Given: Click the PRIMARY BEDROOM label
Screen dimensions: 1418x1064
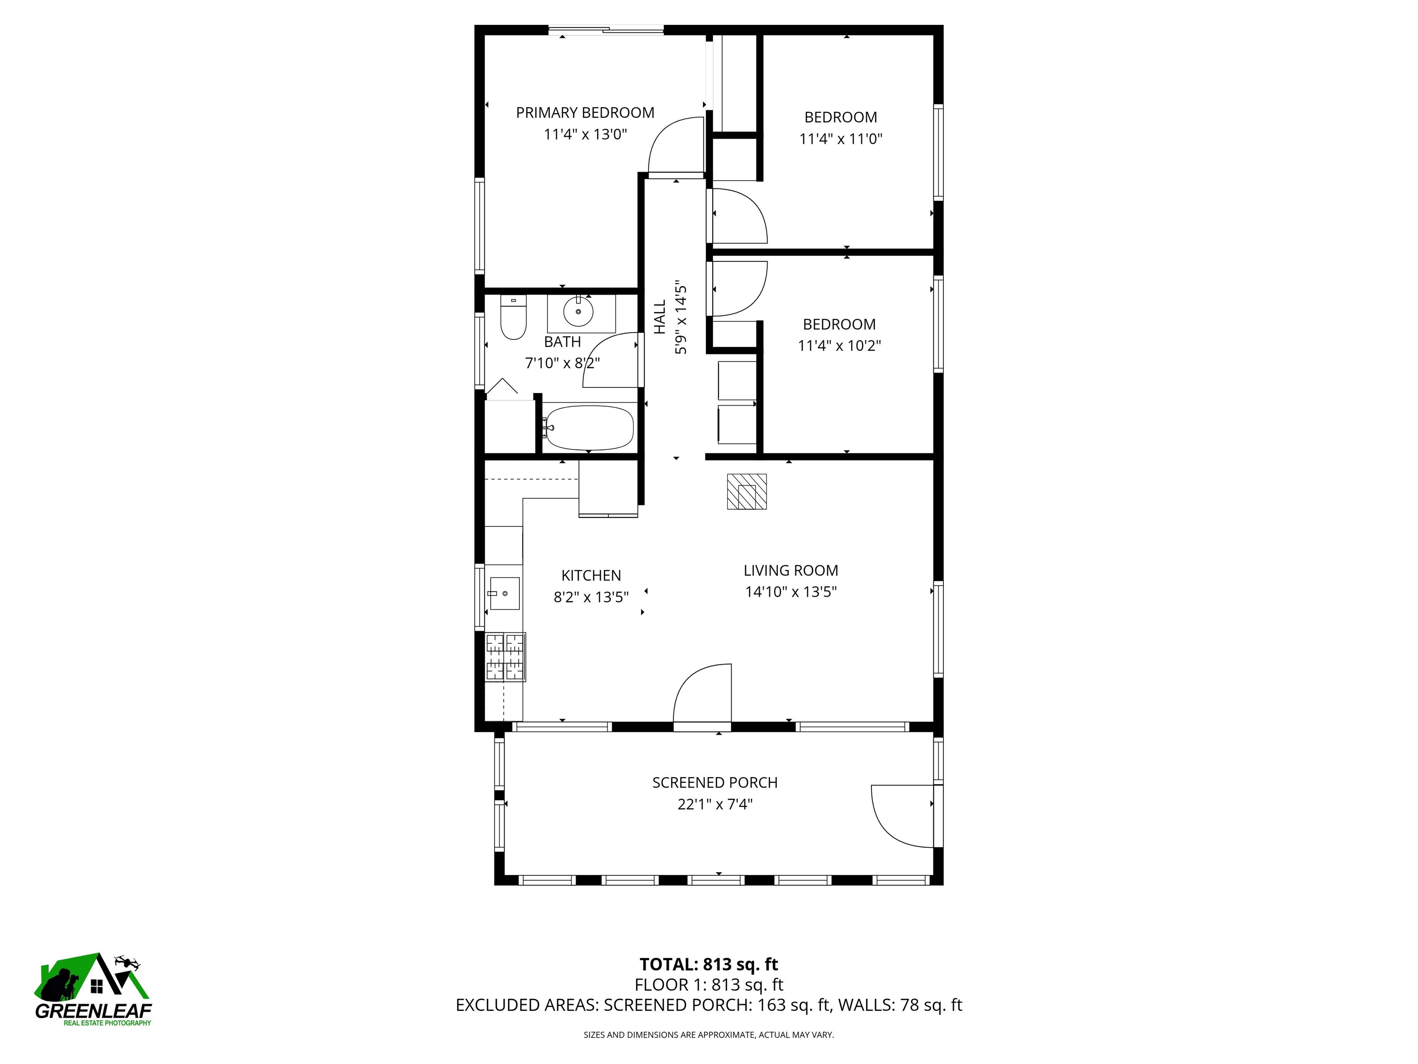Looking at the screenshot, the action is (585, 113).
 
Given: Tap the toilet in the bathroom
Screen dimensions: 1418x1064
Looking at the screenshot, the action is (513, 317).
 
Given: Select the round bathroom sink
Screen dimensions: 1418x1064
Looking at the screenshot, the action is (579, 312).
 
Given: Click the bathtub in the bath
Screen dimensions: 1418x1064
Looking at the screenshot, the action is (589, 427).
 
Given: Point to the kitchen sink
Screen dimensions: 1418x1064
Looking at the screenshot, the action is (504, 593).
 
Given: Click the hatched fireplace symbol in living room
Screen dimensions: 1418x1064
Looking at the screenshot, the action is (746, 491).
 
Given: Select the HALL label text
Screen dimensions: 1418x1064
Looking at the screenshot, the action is (660, 317).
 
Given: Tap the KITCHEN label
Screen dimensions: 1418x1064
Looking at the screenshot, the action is (591, 575).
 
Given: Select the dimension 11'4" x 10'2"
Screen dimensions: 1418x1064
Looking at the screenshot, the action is (839, 346).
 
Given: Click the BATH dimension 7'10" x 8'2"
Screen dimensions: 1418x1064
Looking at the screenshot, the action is (562, 363).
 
